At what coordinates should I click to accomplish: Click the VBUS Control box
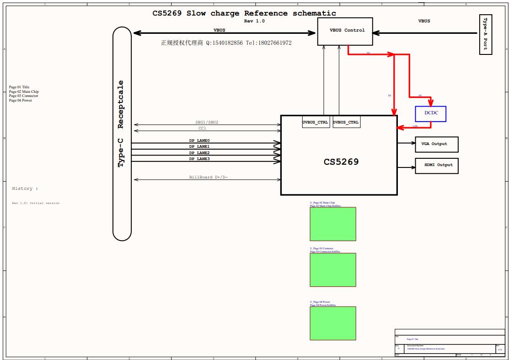[345, 31]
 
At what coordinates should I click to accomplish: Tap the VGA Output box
[436, 144]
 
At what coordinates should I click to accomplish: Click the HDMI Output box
[436, 165]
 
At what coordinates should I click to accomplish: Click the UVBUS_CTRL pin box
[315, 123]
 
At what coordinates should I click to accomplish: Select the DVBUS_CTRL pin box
[346, 123]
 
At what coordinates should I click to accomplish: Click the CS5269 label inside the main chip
[341, 161]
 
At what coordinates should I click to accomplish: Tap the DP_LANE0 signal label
[199, 140]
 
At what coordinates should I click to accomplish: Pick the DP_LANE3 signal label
[199, 159]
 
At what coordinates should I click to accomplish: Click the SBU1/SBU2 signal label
[207, 123]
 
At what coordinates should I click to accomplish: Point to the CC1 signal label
[202, 129]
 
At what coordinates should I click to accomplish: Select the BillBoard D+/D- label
[209, 177]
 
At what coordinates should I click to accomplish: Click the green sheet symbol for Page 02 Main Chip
[332, 224]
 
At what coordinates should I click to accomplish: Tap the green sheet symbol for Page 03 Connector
[332, 270]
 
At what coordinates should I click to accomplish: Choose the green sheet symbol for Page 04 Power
[332, 323]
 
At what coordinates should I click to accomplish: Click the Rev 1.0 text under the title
[254, 21]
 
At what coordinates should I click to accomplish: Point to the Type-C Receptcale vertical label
[121, 124]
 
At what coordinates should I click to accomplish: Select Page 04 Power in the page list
[21, 100]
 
